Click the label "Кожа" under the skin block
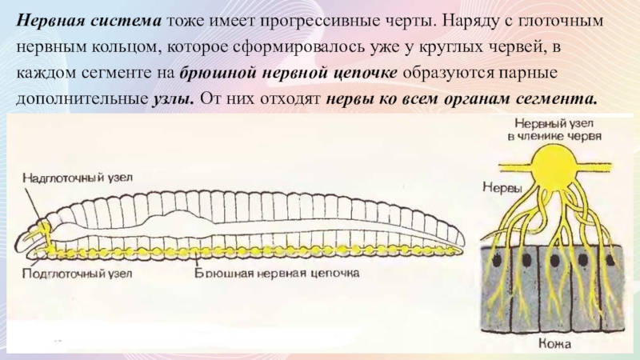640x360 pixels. (x=553, y=345)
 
